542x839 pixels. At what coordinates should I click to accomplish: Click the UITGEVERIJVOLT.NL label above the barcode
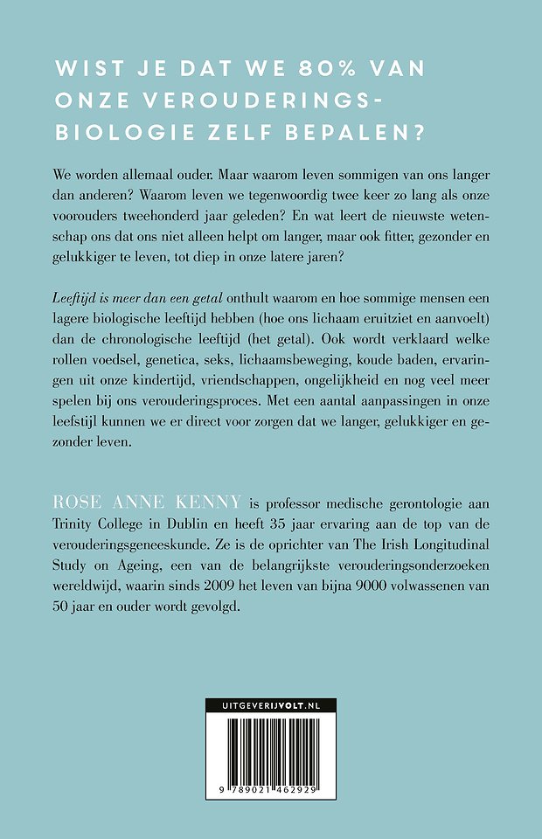point(271,726)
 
